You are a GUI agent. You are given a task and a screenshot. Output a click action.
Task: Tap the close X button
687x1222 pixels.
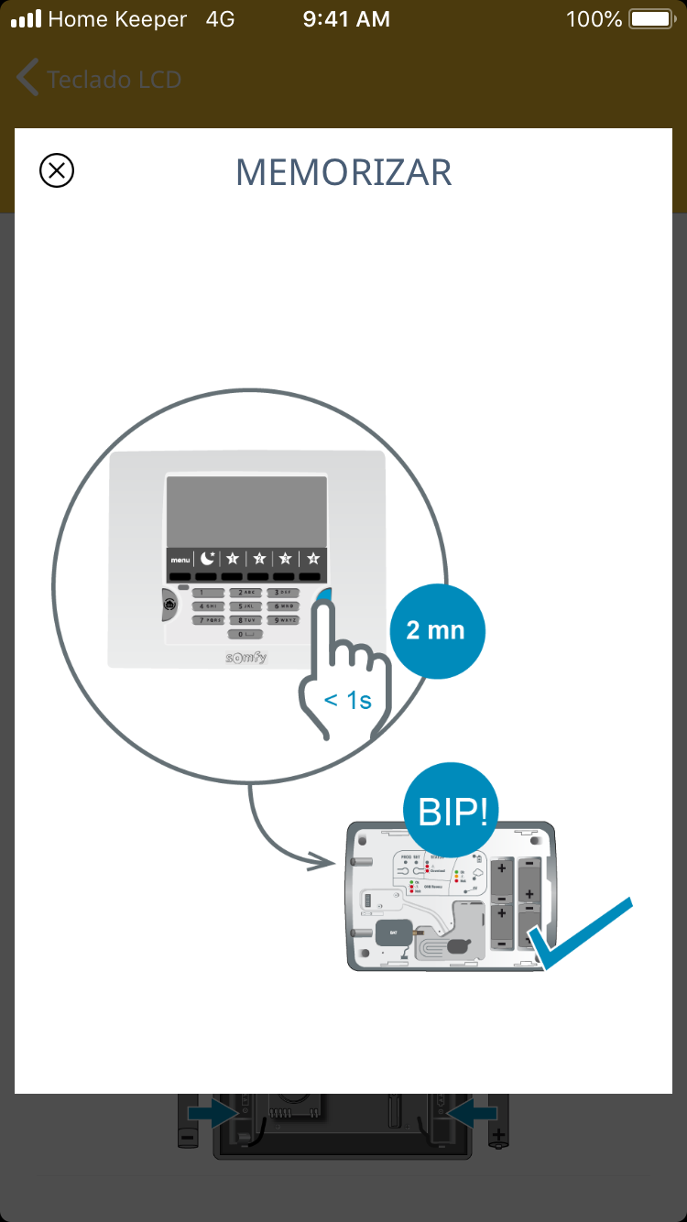pos(57,170)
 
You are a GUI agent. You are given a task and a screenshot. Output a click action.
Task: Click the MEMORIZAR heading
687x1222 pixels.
pos(343,172)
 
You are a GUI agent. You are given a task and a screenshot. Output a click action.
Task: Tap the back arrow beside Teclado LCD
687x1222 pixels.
pos(27,79)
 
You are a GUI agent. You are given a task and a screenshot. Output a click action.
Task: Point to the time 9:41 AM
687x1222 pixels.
pos(346,19)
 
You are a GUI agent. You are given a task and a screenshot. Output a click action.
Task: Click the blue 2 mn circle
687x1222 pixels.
pos(436,630)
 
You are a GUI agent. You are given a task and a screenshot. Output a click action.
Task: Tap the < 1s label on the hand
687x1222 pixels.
pos(348,701)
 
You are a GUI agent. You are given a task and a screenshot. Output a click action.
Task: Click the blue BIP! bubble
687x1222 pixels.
pos(452,810)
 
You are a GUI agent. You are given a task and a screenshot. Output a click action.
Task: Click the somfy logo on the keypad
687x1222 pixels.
pos(246,657)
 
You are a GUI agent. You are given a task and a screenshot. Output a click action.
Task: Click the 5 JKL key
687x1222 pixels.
pos(245,606)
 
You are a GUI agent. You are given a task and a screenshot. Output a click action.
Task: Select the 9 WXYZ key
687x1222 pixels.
pos(284,620)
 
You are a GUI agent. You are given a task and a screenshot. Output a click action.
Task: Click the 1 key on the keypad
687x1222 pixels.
pos(206,593)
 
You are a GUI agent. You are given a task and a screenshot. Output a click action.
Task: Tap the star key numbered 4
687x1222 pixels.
pos(313,558)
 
